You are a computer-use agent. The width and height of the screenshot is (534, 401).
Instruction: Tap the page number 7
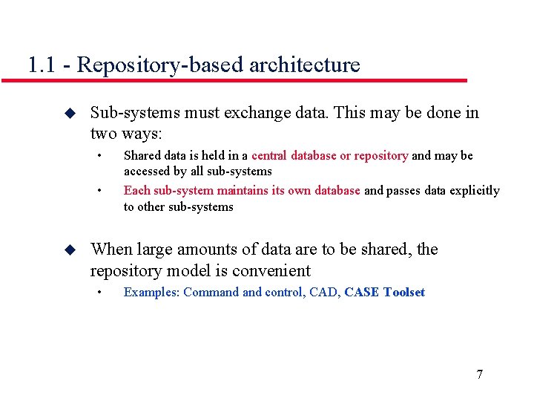point(479,374)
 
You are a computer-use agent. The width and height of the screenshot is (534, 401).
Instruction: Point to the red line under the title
point(245,80)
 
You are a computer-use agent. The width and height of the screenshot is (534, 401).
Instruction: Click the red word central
point(269,156)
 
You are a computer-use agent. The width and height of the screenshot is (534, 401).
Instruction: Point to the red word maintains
point(243,191)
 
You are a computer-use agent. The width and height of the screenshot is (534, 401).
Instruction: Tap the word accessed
point(146,172)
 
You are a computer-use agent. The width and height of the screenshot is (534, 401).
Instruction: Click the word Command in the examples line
point(211,293)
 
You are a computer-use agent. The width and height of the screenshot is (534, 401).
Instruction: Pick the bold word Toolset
point(404,293)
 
